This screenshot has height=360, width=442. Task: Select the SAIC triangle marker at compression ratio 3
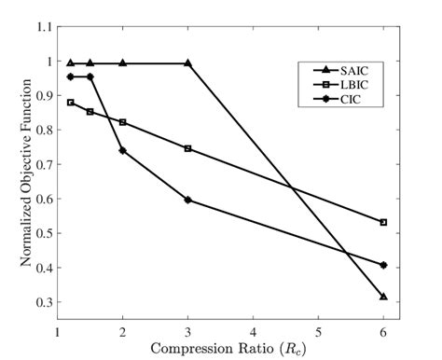pos(188,63)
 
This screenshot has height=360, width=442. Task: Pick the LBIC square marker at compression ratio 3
pos(188,148)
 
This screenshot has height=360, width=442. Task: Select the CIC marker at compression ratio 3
pos(188,200)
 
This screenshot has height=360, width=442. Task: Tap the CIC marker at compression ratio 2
pos(123,150)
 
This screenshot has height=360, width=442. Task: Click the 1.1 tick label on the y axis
pos(43,28)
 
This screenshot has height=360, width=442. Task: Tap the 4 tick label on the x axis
pos(253,330)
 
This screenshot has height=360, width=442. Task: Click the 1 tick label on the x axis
pos(58,330)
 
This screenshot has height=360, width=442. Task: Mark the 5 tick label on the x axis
pos(318,330)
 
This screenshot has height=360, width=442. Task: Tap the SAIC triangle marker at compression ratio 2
pos(123,63)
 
